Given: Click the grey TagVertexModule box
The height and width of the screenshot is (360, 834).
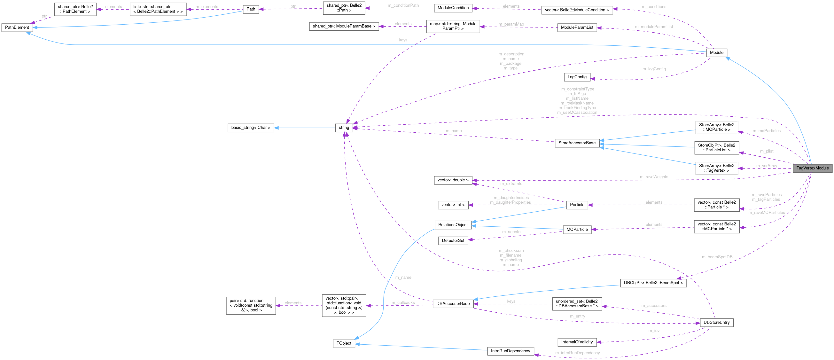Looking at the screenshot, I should coord(812,168).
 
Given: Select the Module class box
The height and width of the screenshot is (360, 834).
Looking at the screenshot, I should coord(716,52).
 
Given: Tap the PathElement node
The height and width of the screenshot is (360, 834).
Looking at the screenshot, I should coord(17,27).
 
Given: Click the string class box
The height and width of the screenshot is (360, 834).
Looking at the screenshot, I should coord(344,128).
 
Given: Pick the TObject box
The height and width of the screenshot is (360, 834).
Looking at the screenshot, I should coord(344,343).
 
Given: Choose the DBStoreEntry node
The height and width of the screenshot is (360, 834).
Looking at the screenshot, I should coord(716,323).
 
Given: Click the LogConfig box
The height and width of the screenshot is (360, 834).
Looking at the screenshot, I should coord(577,77).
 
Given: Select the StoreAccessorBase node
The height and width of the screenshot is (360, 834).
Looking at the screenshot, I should coord(577,143).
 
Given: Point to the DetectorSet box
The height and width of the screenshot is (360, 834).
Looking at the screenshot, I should coord(453,240).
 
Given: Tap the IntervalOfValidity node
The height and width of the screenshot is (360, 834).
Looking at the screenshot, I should coord(577,342).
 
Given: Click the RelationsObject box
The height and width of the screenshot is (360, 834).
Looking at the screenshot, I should coord(453,225).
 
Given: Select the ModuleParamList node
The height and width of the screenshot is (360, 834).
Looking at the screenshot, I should coord(577,27).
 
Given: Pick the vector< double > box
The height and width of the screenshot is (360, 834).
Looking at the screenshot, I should coord(453,180).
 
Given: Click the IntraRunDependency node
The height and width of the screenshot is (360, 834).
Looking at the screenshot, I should coord(511,351).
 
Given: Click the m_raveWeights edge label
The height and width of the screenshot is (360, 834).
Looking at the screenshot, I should coord(654,177).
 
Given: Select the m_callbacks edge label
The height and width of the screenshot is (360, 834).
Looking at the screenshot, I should coord(403,303).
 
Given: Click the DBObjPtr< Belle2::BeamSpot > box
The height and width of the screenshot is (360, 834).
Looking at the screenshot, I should coord(653,283).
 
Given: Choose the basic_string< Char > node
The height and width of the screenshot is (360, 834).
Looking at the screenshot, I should coord(251,128).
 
